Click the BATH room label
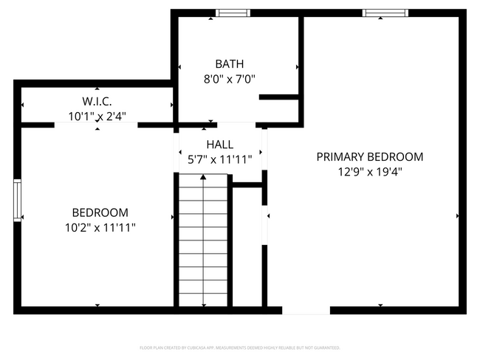(x=229, y=64)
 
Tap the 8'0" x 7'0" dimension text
(x=229, y=79)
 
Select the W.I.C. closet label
(x=97, y=101)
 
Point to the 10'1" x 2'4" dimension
(x=97, y=116)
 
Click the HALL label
(x=220, y=144)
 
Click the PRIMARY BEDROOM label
(x=369, y=156)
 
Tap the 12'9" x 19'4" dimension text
(x=369, y=172)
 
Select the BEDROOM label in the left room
(x=100, y=212)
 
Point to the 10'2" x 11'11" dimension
(x=100, y=228)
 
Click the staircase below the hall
(x=202, y=243)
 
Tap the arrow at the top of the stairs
(x=203, y=177)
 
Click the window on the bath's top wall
(x=233, y=12)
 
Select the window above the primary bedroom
(x=385, y=12)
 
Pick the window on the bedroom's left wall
(x=17, y=199)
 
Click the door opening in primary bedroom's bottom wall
(x=306, y=310)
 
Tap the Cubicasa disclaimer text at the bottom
(x=240, y=347)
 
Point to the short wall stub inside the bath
(x=278, y=97)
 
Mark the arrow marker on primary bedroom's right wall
(x=459, y=216)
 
